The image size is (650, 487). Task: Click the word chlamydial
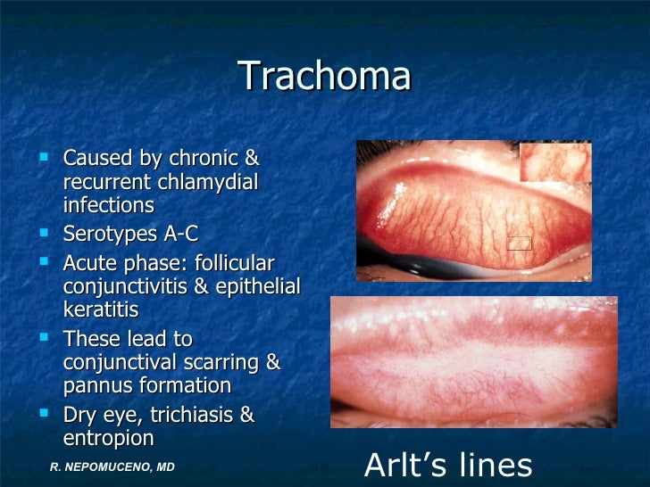[207, 182]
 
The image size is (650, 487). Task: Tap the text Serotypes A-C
[130, 235]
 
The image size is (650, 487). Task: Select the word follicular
[229, 264]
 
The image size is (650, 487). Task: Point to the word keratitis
[101, 310]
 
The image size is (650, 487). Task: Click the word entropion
[108, 438]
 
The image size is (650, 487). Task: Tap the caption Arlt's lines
[449, 465]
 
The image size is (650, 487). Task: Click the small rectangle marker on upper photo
[519, 243]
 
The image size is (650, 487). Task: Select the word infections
[109, 205]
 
